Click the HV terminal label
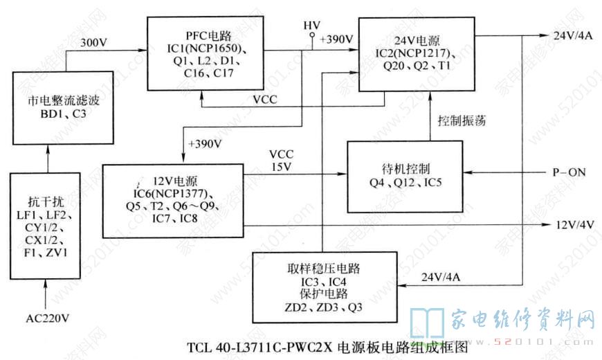pos(311,25)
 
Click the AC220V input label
pos(47,319)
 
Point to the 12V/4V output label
pos(574,224)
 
